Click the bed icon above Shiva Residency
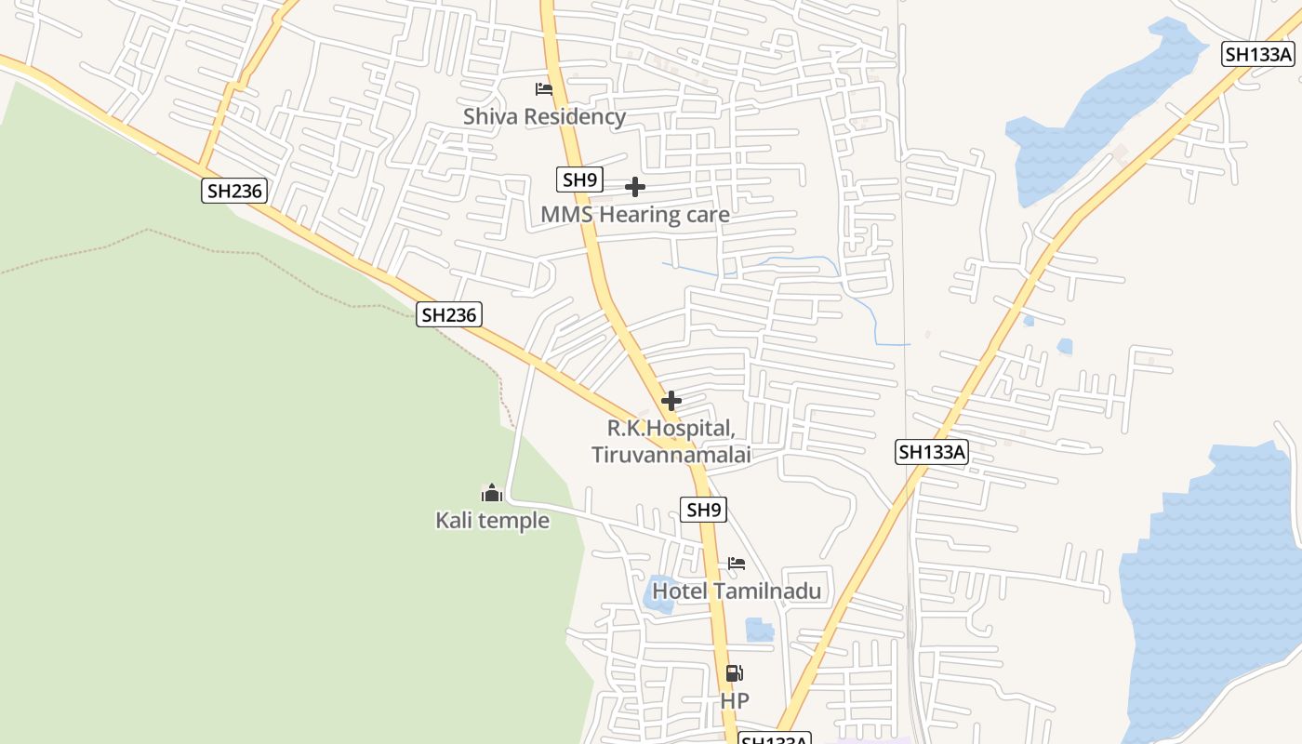(x=544, y=89)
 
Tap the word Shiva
(x=494, y=116)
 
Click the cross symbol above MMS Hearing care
(x=635, y=188)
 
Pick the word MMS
(x=566, y=215)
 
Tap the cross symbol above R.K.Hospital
(x=671, y=402)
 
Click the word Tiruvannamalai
(x=671, y=455)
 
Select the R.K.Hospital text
(x=671, y=429)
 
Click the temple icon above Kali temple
(x=492, y=493)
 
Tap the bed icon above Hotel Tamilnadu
(x=737, y=564)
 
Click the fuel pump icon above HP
(x=734, y=673)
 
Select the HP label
(x=735, y=700)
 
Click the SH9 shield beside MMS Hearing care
(x=580, y=179)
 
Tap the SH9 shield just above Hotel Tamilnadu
(x=704, y=510)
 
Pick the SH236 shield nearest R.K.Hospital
(x=449, y=315)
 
